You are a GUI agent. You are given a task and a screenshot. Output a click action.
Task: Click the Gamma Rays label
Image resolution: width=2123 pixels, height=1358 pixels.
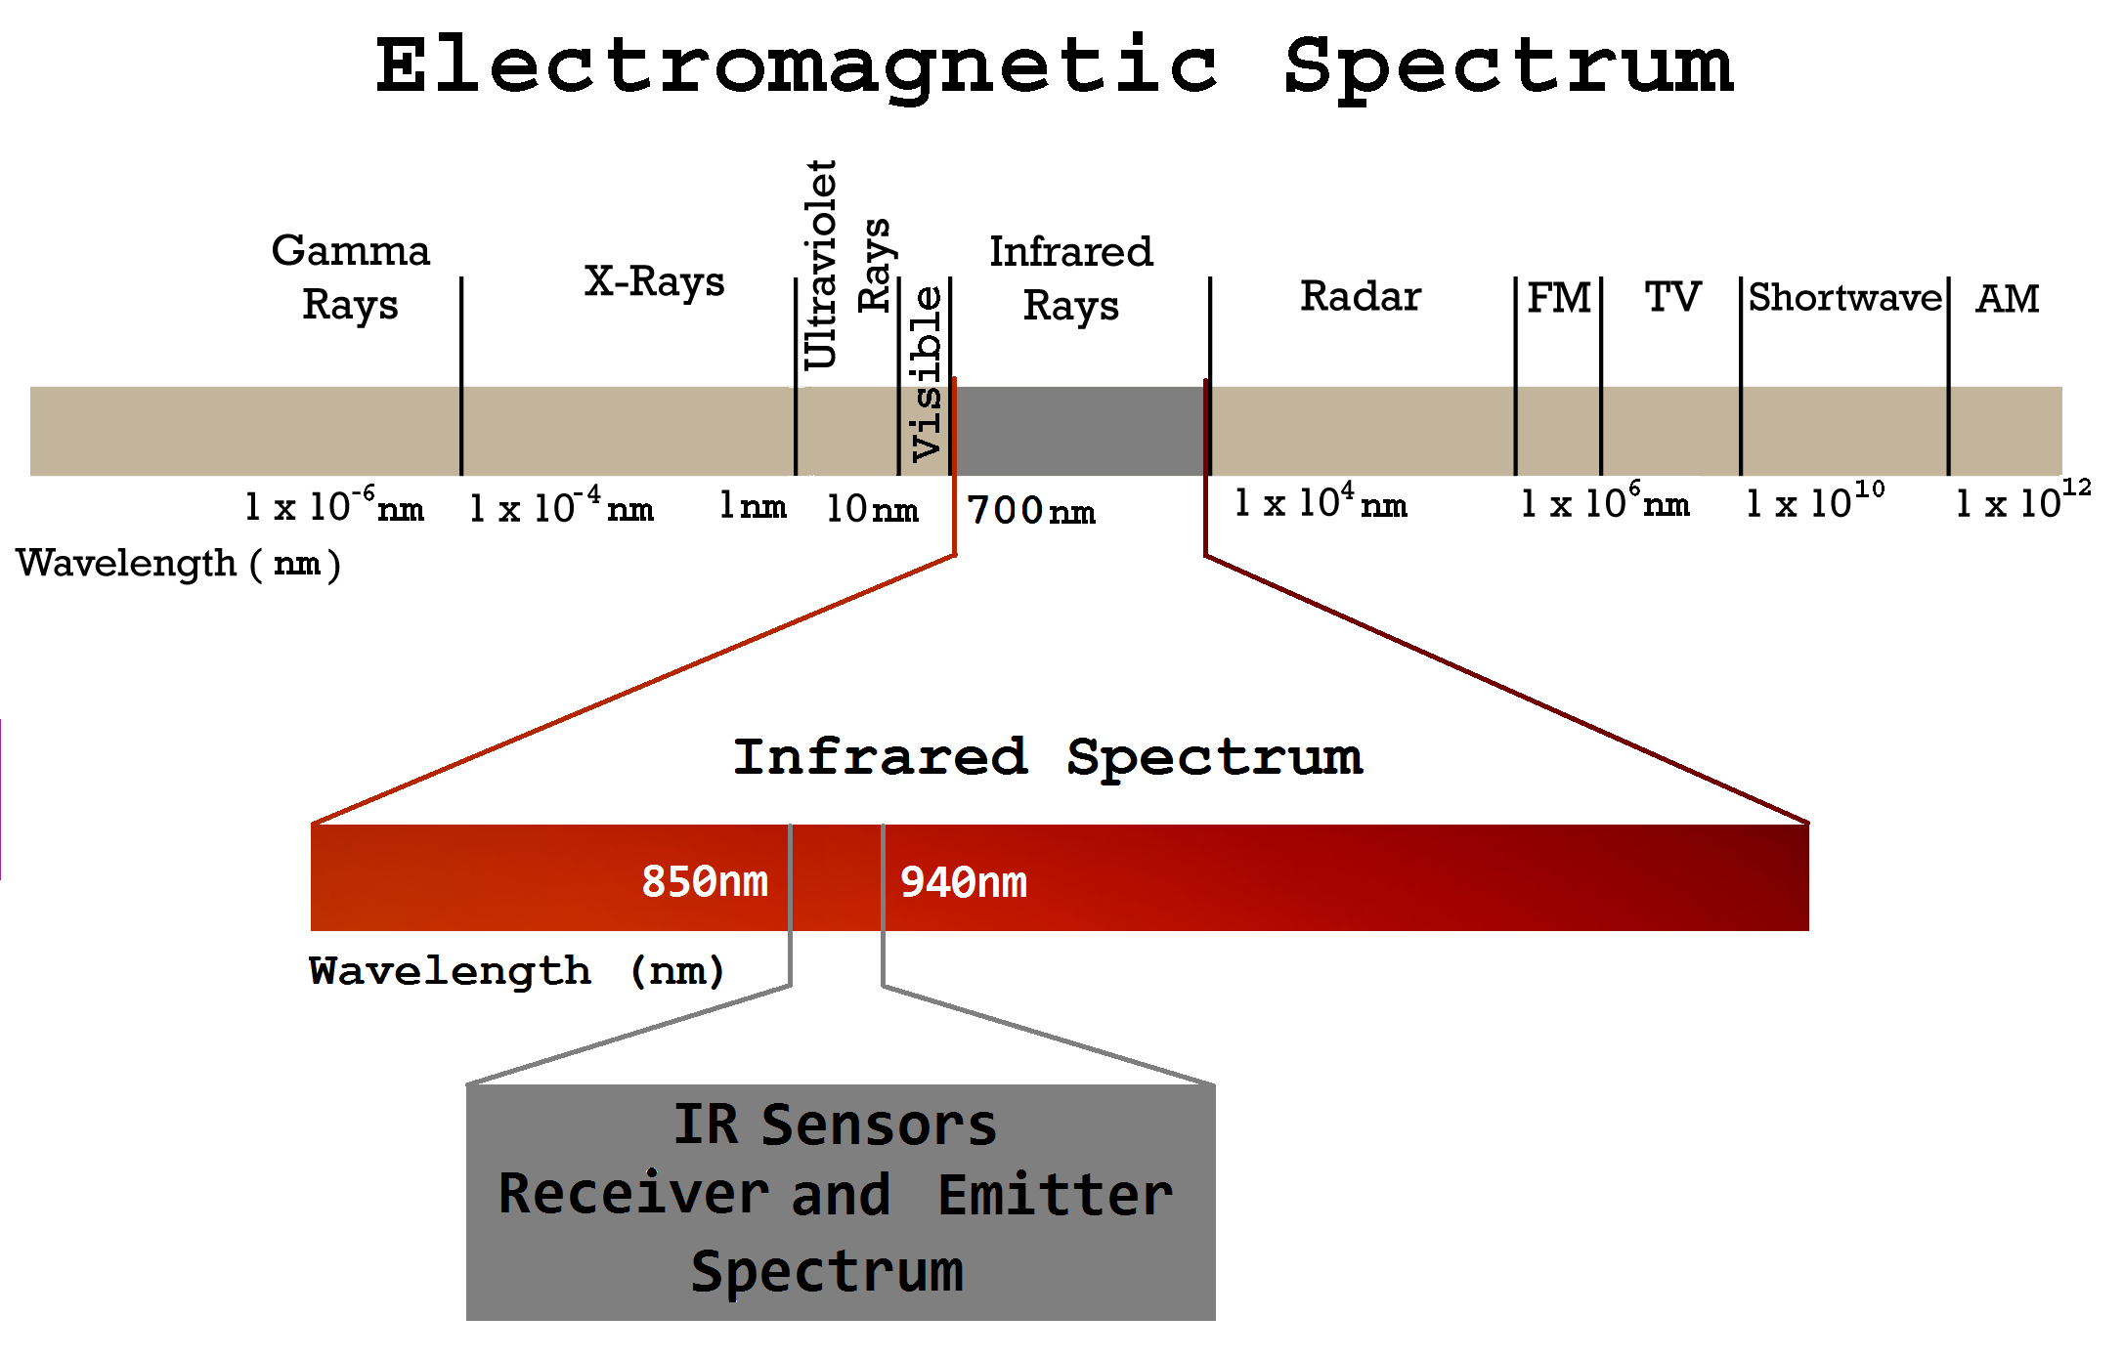coord(351,277)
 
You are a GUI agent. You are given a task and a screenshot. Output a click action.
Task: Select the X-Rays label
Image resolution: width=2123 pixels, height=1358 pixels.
coord(655,282)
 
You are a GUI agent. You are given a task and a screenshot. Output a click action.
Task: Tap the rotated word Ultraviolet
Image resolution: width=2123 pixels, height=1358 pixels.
coord(821,265)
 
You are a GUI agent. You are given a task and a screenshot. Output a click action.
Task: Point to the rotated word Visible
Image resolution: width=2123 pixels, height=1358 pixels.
coord(926,373)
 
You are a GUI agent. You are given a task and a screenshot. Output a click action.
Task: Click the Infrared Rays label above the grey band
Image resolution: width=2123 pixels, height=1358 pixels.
coord(1071,278)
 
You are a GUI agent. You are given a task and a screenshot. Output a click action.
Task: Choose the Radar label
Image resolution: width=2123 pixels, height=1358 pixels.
coord(1361,296)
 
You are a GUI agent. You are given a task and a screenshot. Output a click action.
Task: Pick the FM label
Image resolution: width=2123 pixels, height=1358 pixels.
coord(1559,297)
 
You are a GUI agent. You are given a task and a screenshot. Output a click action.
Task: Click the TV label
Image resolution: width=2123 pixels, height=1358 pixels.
coord(1672,297)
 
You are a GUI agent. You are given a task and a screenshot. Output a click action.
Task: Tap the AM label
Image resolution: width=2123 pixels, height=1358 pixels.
coord(2008,298)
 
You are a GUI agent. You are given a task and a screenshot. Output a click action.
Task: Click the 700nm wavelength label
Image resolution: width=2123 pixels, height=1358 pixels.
coord(1031,510)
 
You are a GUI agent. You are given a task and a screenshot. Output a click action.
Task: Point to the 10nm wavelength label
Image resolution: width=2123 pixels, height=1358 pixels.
coord(872,508)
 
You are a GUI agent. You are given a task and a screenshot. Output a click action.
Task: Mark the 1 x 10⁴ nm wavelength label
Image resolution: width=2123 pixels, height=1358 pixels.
coord(1321,501)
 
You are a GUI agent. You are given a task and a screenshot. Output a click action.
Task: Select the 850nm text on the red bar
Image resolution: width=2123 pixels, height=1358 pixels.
coord(705,881)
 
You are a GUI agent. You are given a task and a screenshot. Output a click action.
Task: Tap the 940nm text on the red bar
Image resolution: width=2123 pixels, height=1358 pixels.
coord(964,882)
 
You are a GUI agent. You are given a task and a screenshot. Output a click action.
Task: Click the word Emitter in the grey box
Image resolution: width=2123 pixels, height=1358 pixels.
coord(1056,1195)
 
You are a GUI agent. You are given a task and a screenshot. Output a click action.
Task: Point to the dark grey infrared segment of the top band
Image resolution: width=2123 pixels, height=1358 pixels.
coord(1080,431)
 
